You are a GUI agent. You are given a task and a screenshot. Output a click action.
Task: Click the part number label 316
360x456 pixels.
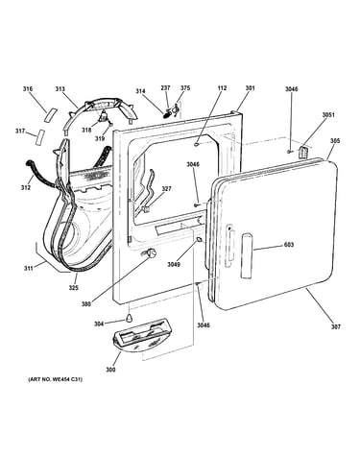tap(28, 88)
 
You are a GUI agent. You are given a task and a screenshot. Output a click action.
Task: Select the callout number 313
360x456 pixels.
tap(60, 89)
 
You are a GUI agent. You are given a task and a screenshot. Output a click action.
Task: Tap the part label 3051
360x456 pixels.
tap(328, 114)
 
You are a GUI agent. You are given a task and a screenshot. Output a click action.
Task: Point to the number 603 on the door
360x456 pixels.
tap(289, 245)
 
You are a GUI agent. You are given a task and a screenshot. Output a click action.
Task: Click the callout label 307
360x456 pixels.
tap(336, 326)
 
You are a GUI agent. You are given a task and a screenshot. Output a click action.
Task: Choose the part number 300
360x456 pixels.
tap(110, 370)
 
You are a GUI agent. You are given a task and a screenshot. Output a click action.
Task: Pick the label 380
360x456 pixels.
tap(86, 304)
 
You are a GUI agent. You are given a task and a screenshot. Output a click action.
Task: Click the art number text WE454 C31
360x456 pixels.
tap(66, 379)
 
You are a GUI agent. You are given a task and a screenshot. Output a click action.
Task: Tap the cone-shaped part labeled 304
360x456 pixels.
tap(129, 318)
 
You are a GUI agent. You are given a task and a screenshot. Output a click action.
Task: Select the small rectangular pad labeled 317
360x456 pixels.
tap(40, 137)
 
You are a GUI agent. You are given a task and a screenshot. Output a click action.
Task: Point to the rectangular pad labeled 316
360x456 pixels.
tap(51, 114)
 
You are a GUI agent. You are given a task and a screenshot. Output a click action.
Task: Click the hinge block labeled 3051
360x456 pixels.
tap(303, 152)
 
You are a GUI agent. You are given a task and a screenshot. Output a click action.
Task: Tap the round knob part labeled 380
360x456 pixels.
tap(152, 252)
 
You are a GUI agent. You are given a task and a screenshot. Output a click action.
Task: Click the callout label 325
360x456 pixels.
tap(74, 288)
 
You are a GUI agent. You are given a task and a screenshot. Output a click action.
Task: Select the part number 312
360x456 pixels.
tap(26, 187)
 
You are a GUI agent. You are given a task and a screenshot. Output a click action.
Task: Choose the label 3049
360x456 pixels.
tap(174, 264)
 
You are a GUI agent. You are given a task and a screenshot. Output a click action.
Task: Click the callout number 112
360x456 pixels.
tap(222, 87)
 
